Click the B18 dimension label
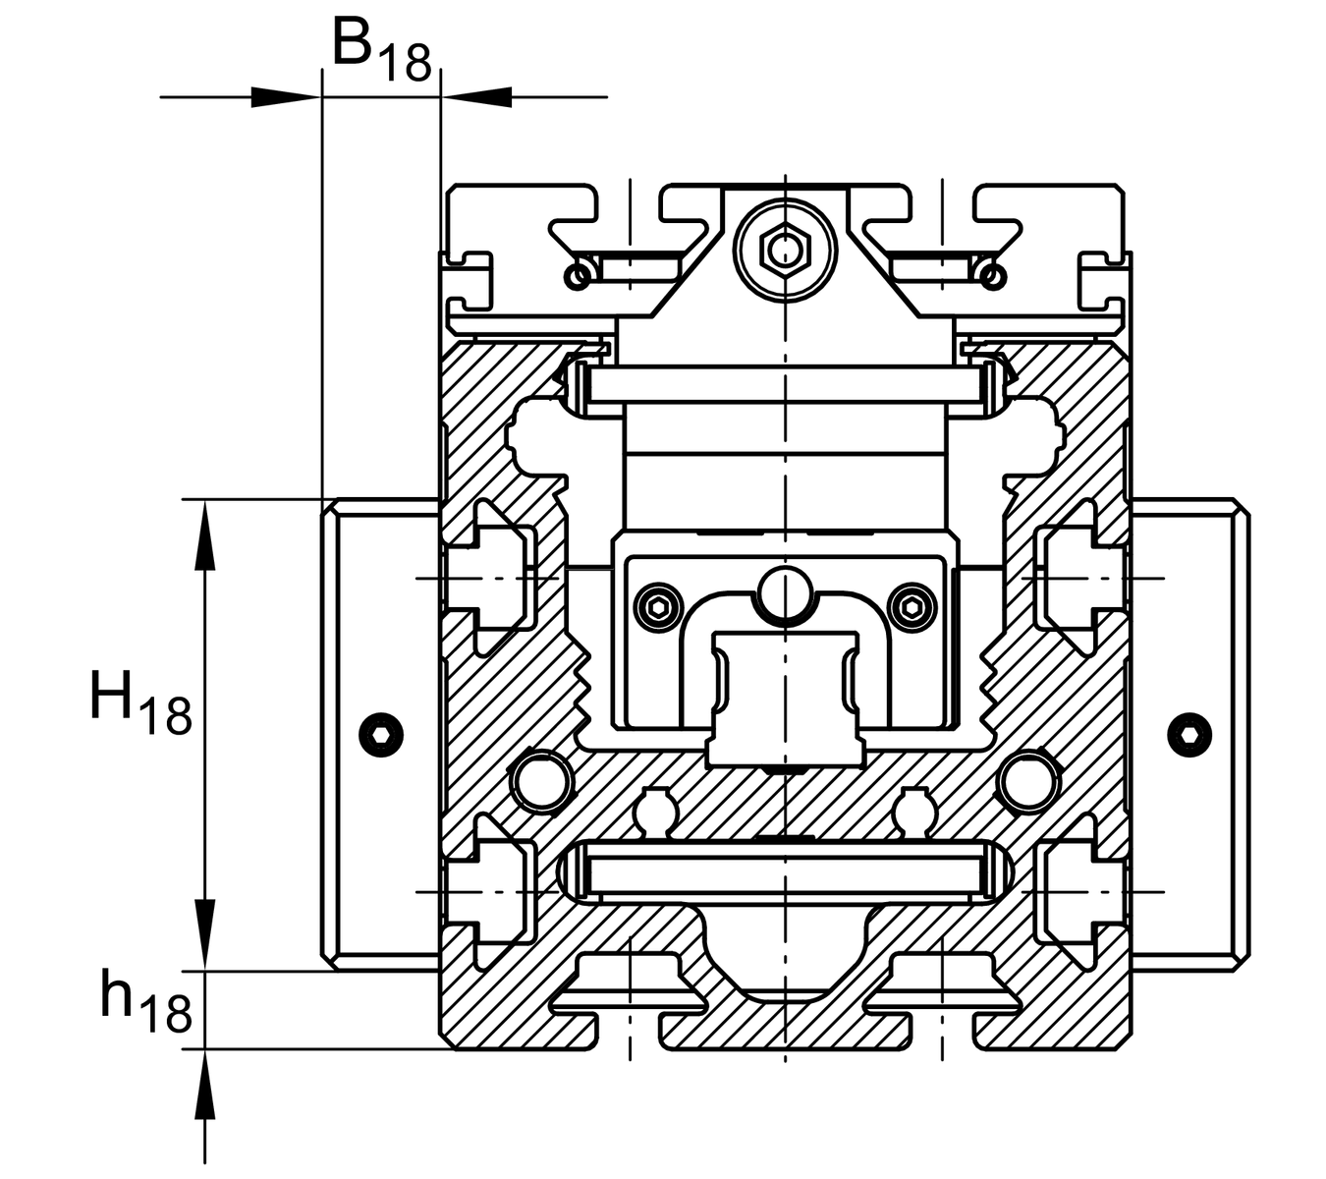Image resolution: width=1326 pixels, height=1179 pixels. tap(381, 50)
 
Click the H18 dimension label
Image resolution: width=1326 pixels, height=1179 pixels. tap(141, 702)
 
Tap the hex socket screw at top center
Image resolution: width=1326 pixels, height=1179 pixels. tap(785, 250)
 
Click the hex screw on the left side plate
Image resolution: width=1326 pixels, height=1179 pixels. tap(381, 735)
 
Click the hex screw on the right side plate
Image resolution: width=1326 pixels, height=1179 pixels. tap(1189, 735)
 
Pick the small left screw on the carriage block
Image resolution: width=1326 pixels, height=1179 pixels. tap(658, 607)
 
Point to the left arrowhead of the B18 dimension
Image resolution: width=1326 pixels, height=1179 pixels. tap(286, 97)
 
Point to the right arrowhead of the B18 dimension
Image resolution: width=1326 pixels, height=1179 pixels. tap(477, 97)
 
